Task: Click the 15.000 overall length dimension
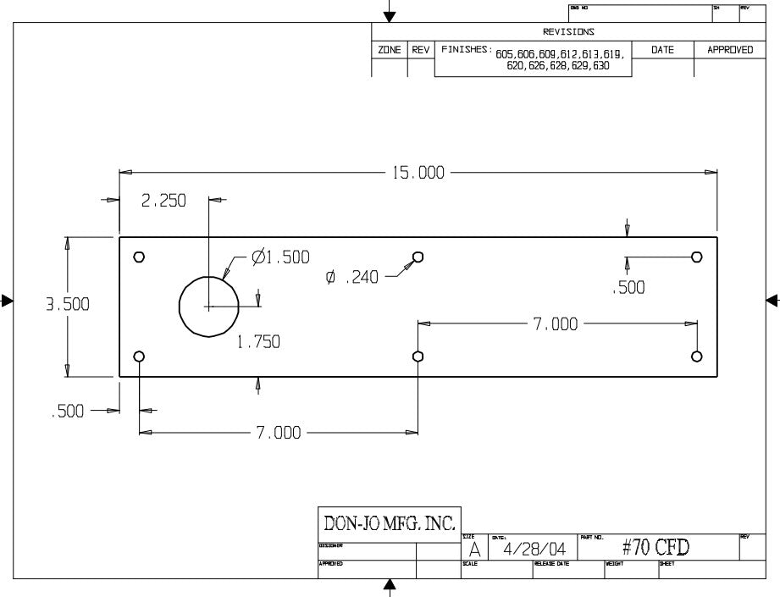click(418, 173)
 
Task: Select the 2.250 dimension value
click(163, 201)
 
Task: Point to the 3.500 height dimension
click(67, 305)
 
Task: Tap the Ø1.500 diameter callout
click(281, 257)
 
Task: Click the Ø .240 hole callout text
click(351, 276)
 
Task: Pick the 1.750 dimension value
click(258, 342)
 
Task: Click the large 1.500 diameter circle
click(207, 306)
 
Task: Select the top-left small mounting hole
click(140, 257)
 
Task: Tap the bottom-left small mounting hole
click(140, 356)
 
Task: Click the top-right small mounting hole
click(697, 257)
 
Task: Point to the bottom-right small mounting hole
click(697, 356)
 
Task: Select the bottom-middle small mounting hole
click(418, 356)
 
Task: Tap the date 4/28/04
click(534, 549)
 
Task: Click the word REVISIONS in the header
click(568, 32)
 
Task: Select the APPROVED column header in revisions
click(730, 50)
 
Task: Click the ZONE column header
click(390, 50)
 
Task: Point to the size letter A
click(474, 549)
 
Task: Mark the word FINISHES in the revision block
click(465, 50)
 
